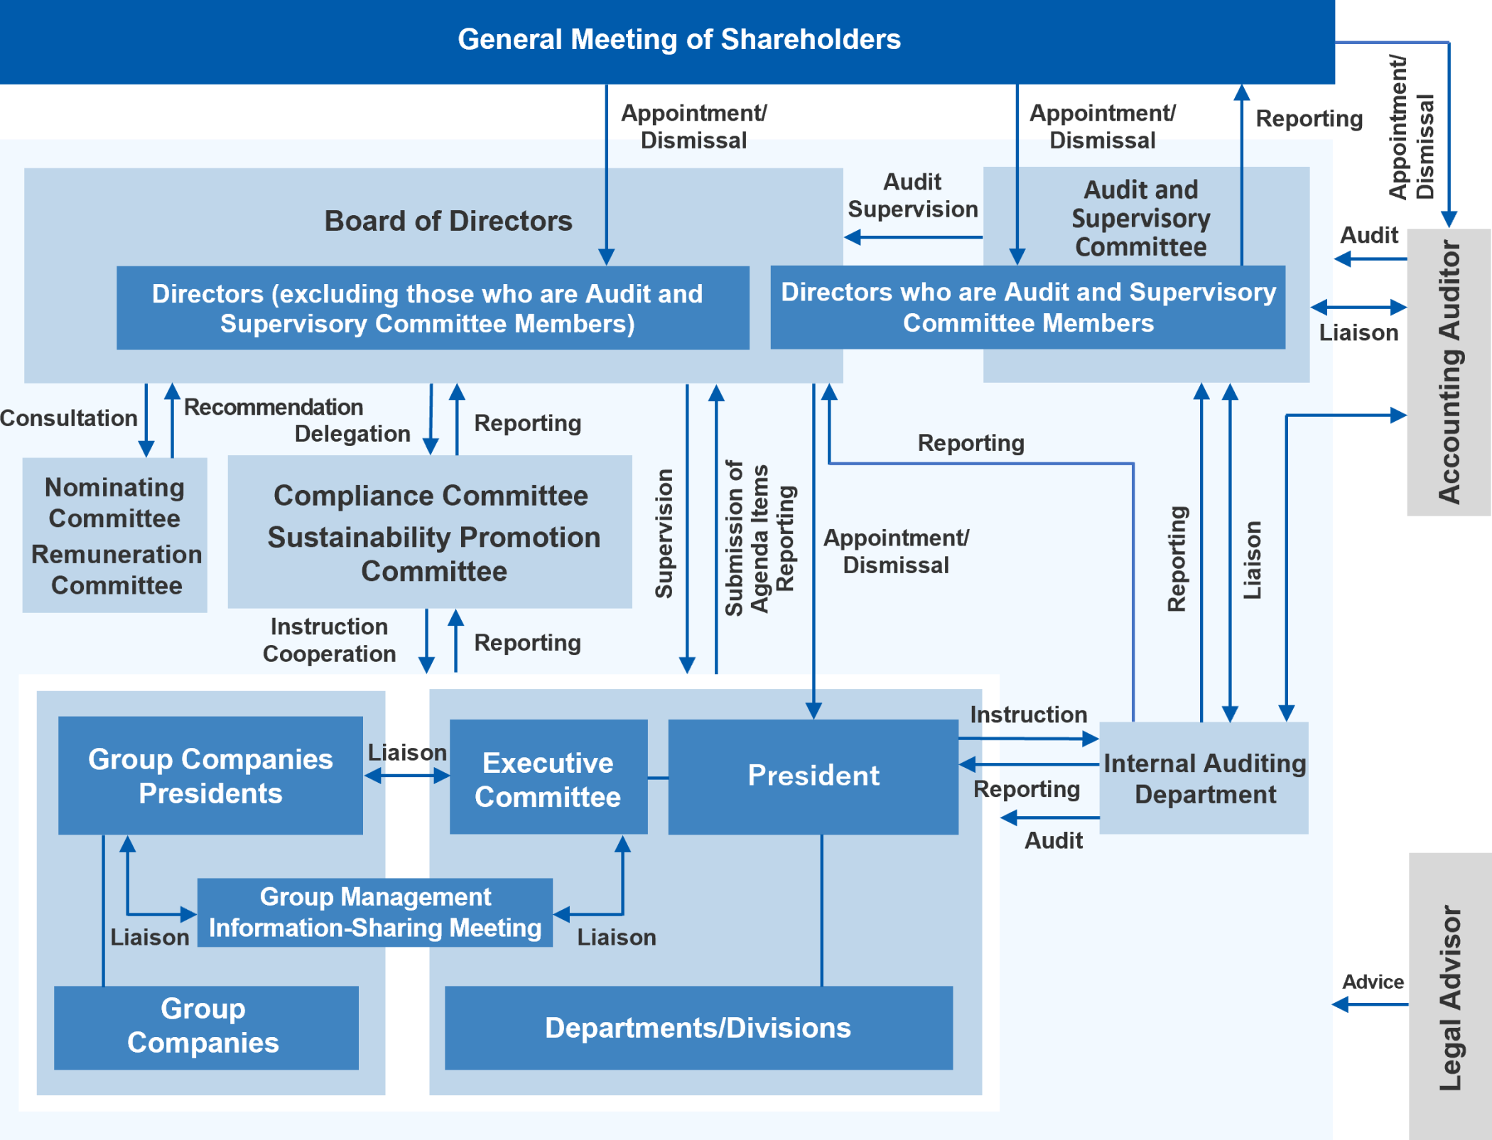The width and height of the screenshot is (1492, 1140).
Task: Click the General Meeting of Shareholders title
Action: click(679, 40)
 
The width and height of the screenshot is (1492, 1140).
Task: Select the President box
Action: click(813, 776)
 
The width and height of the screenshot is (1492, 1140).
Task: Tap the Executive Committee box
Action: click(548, 778)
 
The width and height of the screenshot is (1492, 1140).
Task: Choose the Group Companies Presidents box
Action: click(210, 776)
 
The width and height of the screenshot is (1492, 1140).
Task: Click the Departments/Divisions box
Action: click(698, 1028)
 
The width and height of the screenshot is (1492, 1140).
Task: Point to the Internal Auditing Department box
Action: click(1204, 778)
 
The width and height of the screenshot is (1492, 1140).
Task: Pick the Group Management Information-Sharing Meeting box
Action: click(375, 913)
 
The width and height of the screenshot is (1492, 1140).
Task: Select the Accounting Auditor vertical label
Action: click(1449, 372)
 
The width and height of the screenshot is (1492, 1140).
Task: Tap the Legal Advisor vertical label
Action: click(1449, 998)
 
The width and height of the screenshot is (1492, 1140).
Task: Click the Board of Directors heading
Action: click(448, 221)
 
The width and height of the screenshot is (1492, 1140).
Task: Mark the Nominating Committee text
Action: click(114, 503)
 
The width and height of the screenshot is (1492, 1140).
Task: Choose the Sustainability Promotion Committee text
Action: click(433, 554)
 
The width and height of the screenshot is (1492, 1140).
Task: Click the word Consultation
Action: click(68, 418)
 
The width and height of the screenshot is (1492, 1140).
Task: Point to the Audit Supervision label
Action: click(912, 196)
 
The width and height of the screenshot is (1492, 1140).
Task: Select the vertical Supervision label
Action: click(664, 533)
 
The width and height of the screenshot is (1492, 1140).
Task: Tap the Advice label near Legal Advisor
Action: click(1373, 982)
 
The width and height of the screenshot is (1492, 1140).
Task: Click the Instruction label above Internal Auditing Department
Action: click(1028, 715)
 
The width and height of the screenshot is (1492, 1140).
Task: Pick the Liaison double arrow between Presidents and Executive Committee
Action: click(407, 776)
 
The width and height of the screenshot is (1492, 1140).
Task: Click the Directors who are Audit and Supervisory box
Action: click(1027, 308)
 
